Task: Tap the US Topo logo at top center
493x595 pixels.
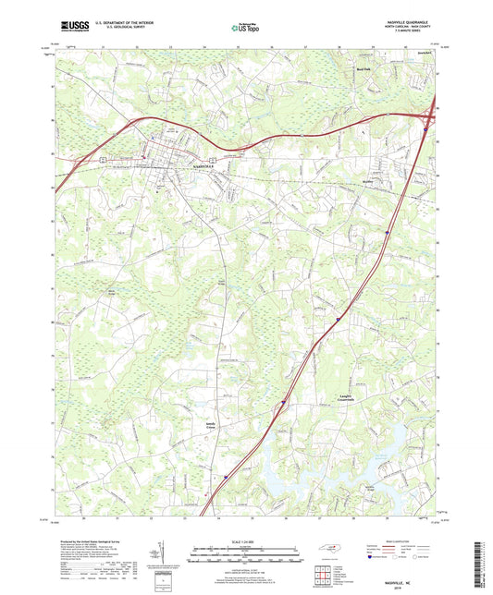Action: pos(241,30)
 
